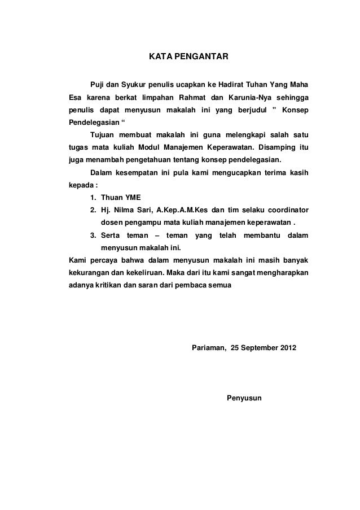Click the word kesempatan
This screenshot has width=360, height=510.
click(138, 172)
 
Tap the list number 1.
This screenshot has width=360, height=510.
click(93, 197)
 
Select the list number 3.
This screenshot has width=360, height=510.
click(93, 234)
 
